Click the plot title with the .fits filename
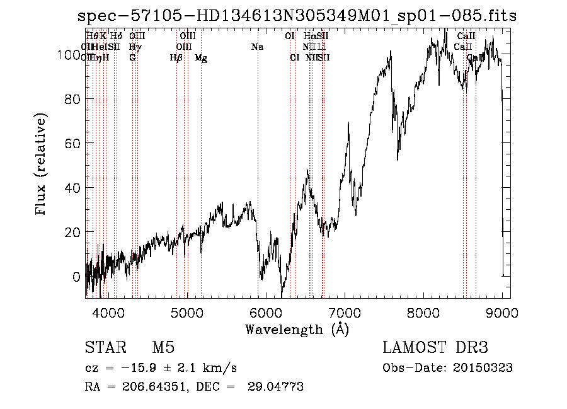305,16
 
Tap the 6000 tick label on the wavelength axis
265,313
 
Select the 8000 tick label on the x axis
423,313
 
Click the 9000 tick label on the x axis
502,313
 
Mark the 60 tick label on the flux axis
72,144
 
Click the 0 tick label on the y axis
77,277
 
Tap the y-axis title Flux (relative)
42,166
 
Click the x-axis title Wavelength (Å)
297,329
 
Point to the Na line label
257,47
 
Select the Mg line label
201,58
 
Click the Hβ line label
176,58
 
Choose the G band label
132,58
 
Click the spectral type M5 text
163,348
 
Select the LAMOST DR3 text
435,348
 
